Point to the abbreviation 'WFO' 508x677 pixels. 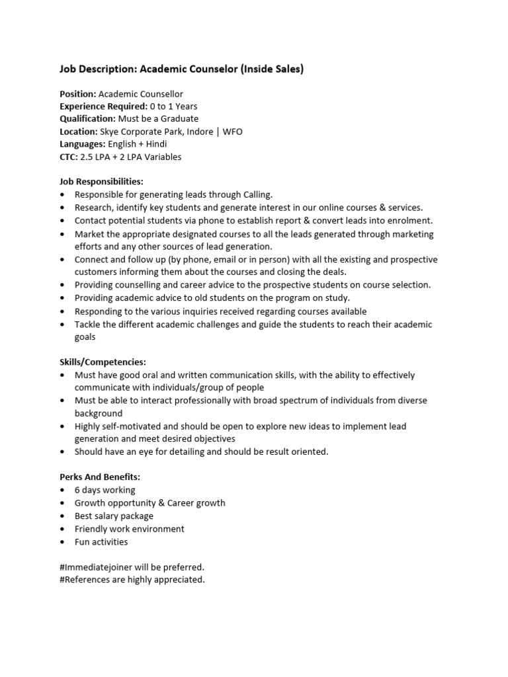[232, 132]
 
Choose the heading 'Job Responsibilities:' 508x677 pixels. [101, 182]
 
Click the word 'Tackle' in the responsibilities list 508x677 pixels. [89, 325]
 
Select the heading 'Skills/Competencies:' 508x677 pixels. [103, 362]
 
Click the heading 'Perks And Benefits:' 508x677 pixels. [100, 477]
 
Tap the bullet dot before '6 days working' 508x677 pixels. [62, 491]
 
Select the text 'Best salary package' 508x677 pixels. [114, 516]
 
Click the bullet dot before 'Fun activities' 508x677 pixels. [62, 542]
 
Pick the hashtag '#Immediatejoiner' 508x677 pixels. [95, 567]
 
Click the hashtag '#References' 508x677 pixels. [85, 580]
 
